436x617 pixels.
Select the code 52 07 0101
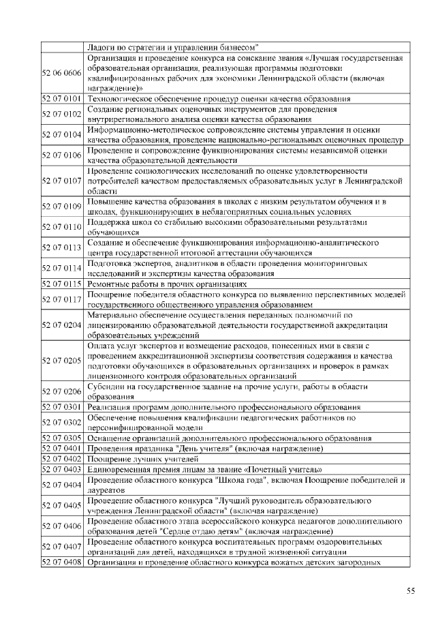tap(62, 99)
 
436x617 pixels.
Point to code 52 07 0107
tap(62, 181)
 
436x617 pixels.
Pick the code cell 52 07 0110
tap(62, 228)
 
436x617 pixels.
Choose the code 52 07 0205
tap(62, 361)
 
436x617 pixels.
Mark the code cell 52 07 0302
tap(62, 423)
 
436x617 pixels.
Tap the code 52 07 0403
tap(62, 470)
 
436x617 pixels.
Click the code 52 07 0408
tap(62, 562)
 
